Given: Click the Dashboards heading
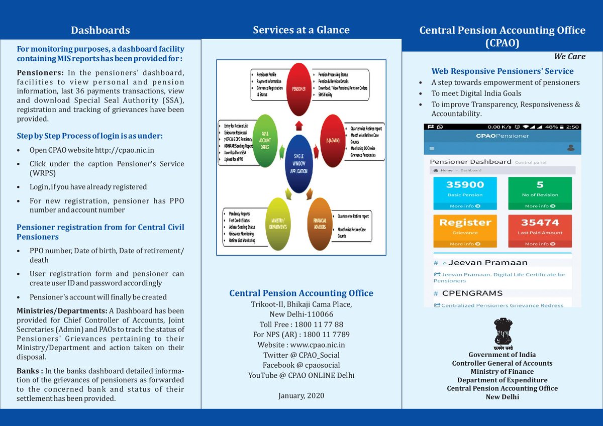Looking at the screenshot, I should [x=100, y=30].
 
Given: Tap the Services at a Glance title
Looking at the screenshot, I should [x=301, y=30].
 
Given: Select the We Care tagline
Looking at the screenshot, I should [x=569, y=56].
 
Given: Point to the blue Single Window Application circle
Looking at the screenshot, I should [x=298, y=163].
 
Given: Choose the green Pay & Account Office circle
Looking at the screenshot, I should [x=265, y=141].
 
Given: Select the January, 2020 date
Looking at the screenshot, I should [x=301, y=396].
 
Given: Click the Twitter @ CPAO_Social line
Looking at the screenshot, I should [x=301, y=355].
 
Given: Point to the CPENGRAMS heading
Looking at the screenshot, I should [x=475, y=293].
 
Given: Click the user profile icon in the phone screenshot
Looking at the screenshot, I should [x=570, y=148].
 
